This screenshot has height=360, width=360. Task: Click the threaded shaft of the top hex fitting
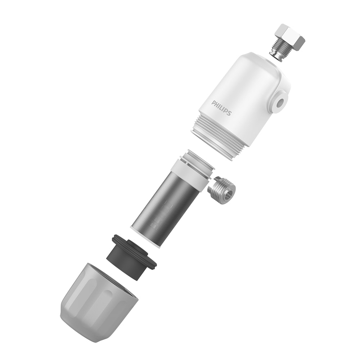(279, 50)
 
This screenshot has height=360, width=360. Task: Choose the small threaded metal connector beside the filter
(222, 190)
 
